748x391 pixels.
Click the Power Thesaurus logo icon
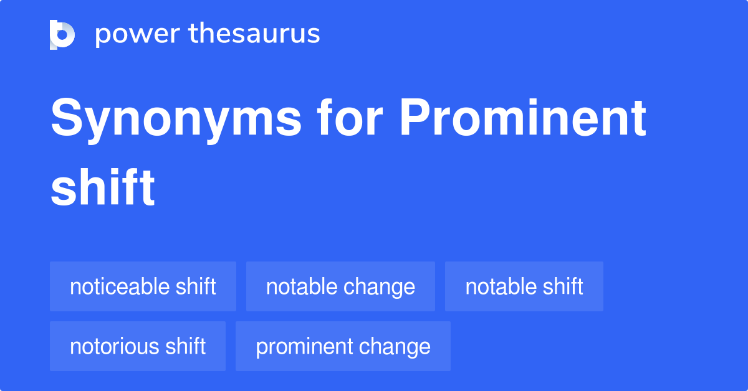point(62,34)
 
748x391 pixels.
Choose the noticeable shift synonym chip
point(143,286)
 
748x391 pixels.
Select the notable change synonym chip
point(340,286)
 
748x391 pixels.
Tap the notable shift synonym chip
point(524,286)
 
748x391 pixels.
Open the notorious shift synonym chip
point(137,346)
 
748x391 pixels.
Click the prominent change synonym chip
point(343,346)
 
